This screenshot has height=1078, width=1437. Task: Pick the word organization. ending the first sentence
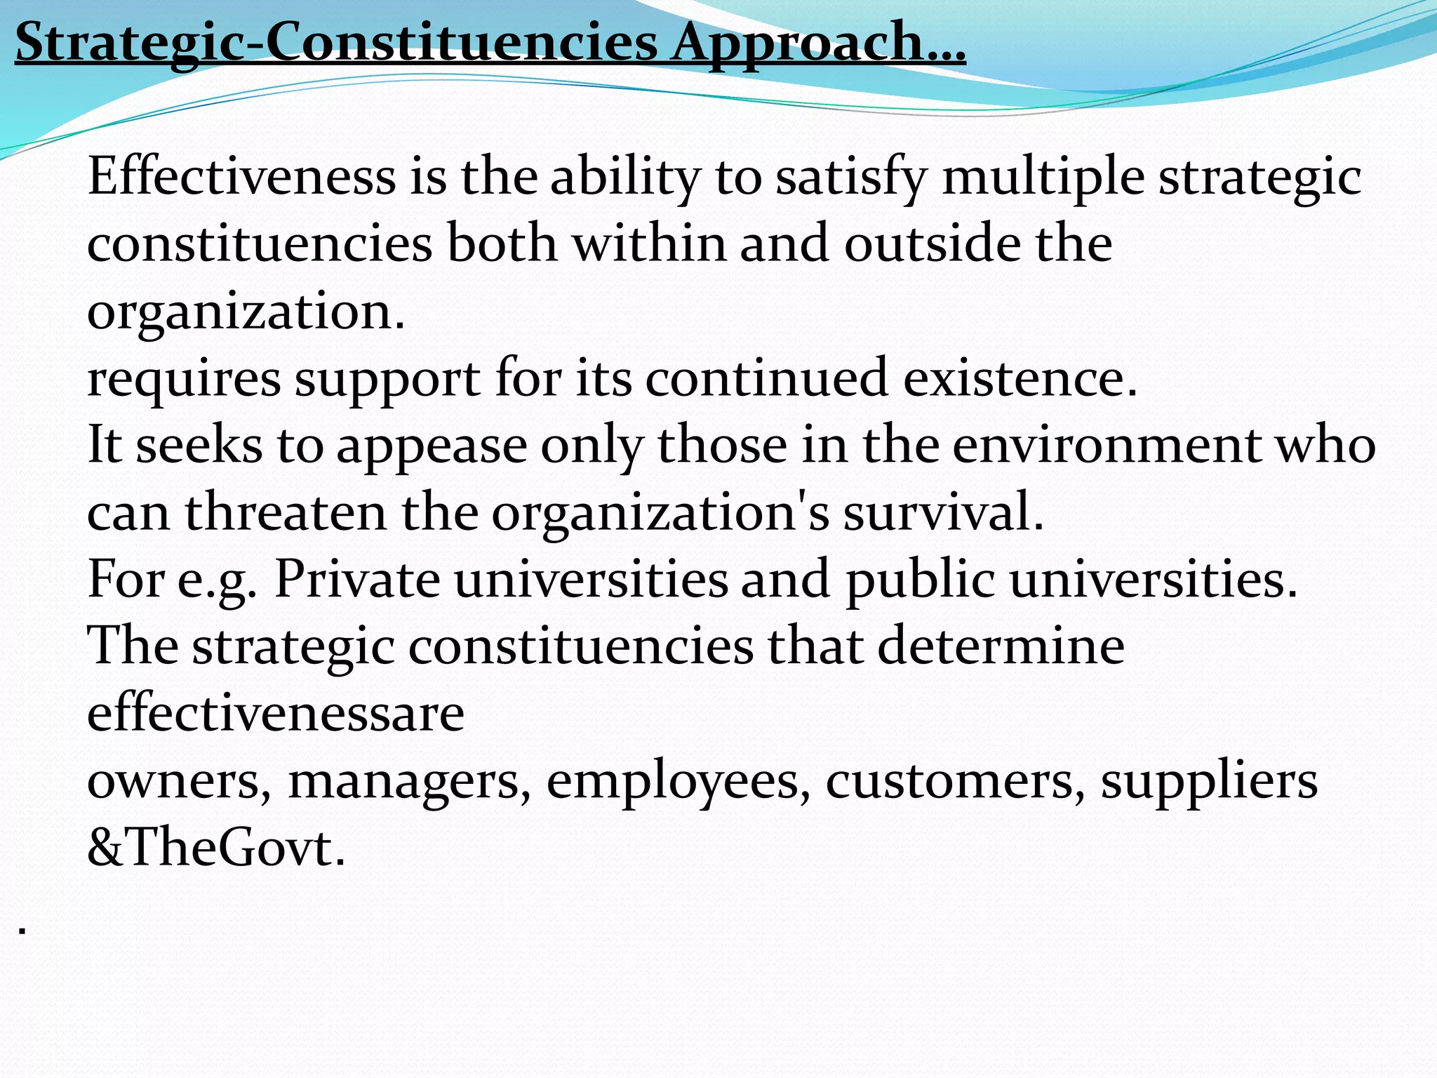tap(246, 312)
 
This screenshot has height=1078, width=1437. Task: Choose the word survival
tap(943, 512)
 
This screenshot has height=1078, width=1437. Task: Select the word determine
tap(1001, 646)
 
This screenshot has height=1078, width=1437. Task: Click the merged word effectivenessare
tap(276, 713)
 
